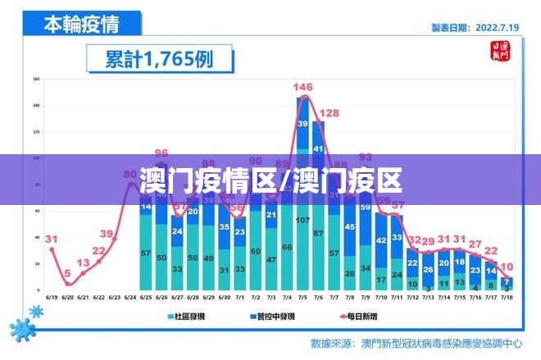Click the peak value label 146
point(303,87)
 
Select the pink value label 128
point(329,113)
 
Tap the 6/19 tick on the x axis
point(52,298)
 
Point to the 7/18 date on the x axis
point(507,298)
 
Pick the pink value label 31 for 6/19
point(52,239)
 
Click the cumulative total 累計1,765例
point(159,59)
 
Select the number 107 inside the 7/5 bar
point(303,221)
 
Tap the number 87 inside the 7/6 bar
point(319,234)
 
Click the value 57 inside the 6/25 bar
point(146,254)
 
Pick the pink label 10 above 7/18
point(507,267)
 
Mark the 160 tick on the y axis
point(37,80)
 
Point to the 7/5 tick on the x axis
point(303,298)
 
